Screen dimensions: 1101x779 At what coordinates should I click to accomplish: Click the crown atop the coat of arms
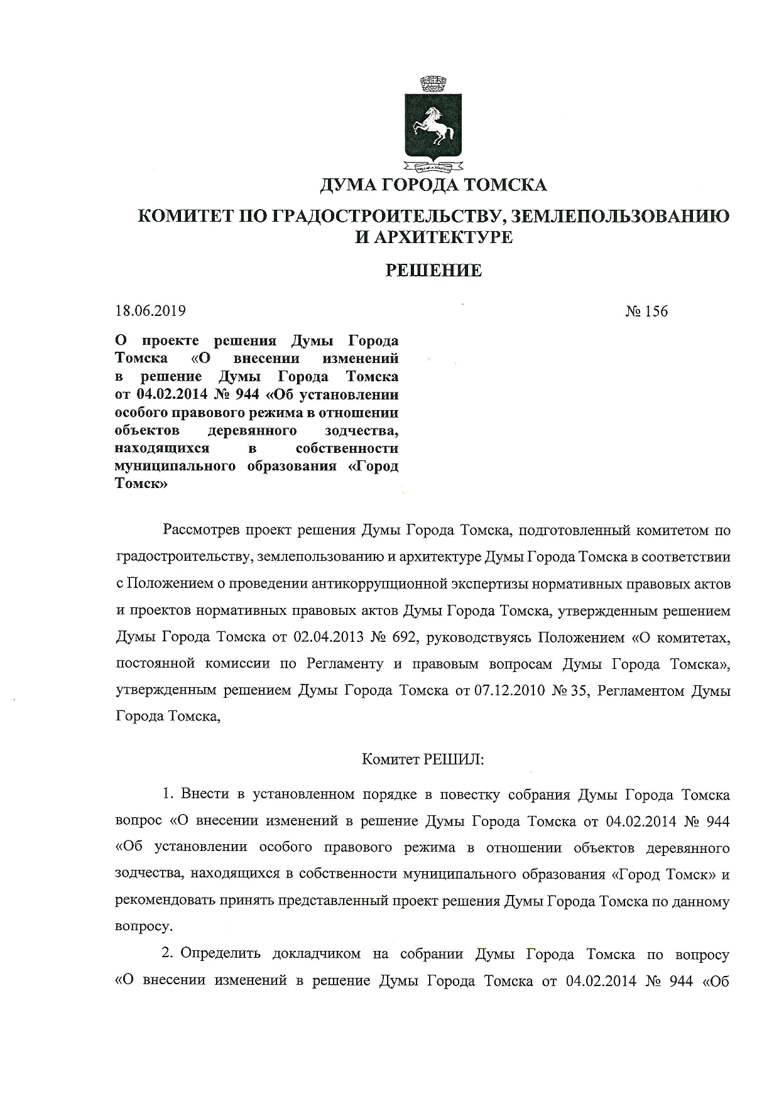tap(432, 84)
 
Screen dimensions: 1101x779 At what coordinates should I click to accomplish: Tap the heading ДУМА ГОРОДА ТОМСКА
tap(433, 185)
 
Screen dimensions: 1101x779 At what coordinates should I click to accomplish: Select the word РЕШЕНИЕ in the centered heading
tap(433, 271)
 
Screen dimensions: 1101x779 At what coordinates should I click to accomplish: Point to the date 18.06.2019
tap(150, 311)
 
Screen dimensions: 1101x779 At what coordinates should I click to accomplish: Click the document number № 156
tap(646, 312)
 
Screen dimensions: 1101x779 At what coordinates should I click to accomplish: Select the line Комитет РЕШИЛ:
tap(423, 759)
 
